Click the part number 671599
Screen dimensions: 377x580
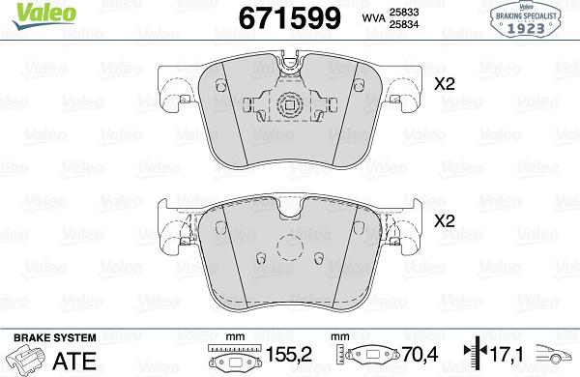(x=283, y=18)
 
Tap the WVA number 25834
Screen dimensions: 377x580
(x=398, y=25)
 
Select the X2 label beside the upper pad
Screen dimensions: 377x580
(x=444, y=84)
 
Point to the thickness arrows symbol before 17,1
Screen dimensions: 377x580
(x=473, y=355)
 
